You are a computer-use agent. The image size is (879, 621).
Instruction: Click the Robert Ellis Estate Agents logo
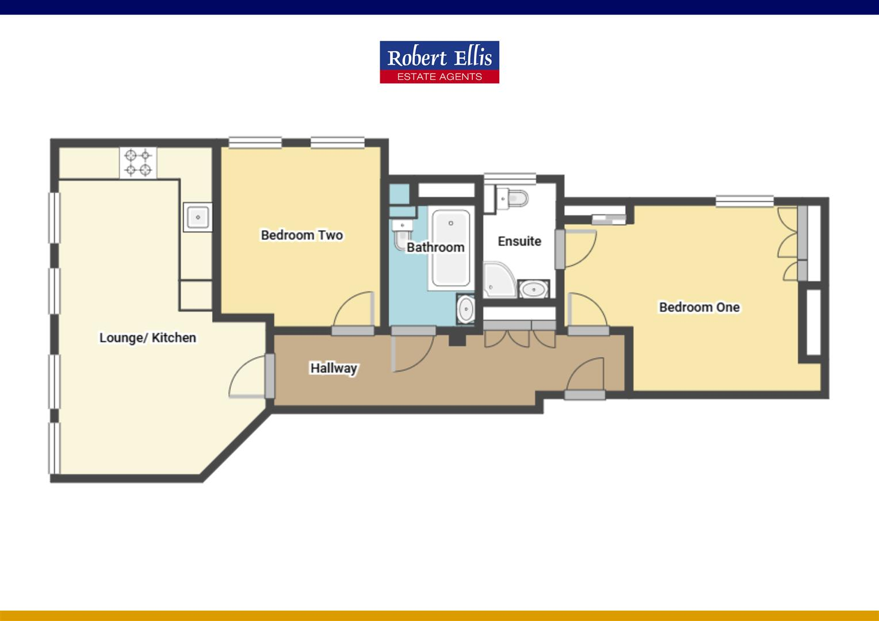pos(439,62)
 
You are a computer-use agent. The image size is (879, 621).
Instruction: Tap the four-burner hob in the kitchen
pos(138,162)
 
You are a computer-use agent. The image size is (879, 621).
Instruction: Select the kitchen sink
pos(197,217)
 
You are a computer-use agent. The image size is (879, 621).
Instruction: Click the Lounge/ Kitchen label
pos(148,338)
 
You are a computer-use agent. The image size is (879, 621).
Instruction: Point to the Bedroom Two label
pos(301,235)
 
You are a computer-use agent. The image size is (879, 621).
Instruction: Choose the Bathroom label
pos(435,247)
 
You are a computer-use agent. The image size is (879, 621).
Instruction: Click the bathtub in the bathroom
pos(451,248)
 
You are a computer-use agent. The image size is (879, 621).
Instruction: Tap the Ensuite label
pos(519,241)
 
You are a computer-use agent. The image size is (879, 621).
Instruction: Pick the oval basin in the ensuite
pos(534,288)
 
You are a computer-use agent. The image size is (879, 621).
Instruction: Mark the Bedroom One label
pos(699,307)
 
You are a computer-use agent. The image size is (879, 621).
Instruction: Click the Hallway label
pos(334,368)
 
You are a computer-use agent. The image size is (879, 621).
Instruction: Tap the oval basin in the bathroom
pos(465,309)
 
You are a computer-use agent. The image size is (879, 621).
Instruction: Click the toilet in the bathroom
pos(401,232)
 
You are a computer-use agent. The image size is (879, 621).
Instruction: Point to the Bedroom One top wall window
pos(744,201)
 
